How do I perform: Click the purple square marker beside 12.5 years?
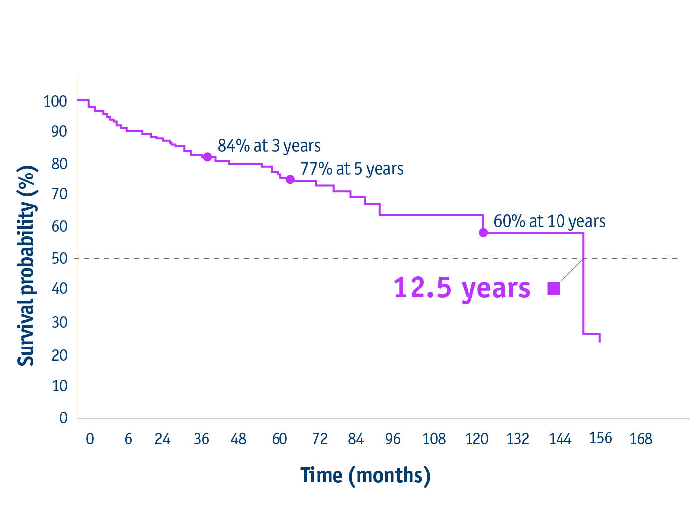coord(554,288)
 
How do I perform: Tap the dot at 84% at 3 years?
coord(207,157)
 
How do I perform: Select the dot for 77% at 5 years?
coord(290,179)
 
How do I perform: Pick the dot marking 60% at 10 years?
coord(483,233)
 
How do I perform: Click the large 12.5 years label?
coord(462,288)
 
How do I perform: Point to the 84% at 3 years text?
coord(269,146)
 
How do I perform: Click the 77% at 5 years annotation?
coord(352,169)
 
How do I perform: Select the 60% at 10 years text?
coord(550,221)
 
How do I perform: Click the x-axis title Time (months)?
coord(365,475)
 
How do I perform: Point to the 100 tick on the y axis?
coord(55,101)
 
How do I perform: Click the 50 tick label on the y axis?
coord(59,258)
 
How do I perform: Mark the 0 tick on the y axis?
coord(63,418)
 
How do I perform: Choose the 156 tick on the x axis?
coord(600,438)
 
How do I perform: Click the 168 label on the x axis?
coord(641,439)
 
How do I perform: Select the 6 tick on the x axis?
coord(128,439)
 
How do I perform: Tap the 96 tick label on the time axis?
coord(393,439)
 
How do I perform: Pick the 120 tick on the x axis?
coord(477,439)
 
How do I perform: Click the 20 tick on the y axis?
coord(59,355)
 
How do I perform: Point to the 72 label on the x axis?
coord(320,439)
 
